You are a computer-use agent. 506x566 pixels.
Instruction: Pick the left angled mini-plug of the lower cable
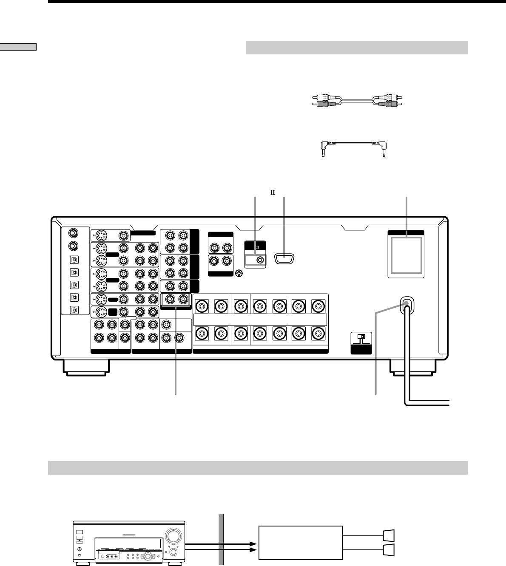tap(324, 149)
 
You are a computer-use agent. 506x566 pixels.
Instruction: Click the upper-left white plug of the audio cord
tap(321, 97)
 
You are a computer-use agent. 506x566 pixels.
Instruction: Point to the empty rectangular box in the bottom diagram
tap(301, 543)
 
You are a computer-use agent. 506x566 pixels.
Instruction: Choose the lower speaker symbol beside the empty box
tap(389, 550)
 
